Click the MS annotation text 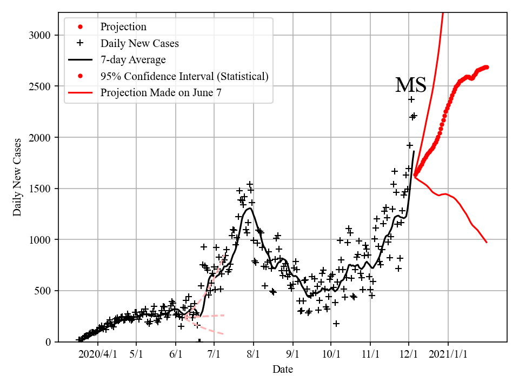410,85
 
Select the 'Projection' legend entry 123,27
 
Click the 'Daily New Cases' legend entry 139,43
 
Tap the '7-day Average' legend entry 133,59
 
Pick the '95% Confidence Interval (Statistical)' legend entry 184,76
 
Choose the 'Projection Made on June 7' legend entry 161,92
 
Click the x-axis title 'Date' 283,370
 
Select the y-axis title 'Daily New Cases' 17,177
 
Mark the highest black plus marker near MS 411,99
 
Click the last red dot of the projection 487,67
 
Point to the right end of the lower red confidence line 487,242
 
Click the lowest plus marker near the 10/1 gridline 336,323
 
